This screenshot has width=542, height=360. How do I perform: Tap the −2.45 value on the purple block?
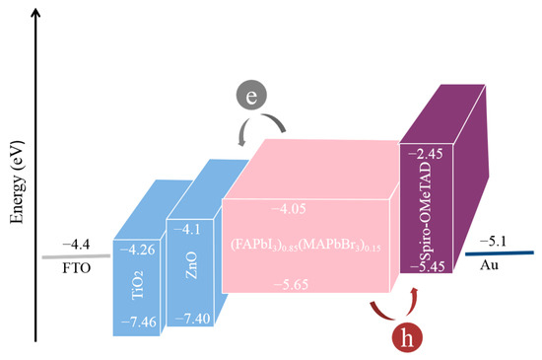coord(426,155)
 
